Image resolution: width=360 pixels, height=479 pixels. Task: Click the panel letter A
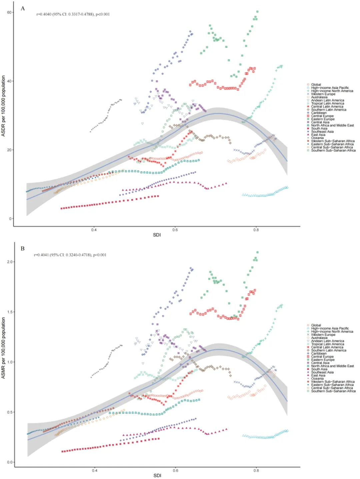[x=23, y=8]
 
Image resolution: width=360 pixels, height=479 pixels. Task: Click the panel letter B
[x=23, y=249]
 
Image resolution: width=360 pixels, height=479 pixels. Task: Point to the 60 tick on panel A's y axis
[x=10, y=12]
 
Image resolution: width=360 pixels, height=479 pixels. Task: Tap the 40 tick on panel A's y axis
[x=10, y=81]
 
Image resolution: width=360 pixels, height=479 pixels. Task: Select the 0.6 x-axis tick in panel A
[x=175, y=230]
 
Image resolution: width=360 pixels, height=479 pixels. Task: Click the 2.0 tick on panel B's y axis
[x=10, y=262]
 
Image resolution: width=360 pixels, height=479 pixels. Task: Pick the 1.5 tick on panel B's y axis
[x=10, y=312]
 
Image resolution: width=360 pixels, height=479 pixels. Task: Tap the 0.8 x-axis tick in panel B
[x=256, y=470]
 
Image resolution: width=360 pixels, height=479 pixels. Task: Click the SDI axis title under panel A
[x=157, y=235]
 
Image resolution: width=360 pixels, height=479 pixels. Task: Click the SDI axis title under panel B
[x=157, y=476]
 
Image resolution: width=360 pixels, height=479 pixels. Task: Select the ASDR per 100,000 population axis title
[x=3, y=106]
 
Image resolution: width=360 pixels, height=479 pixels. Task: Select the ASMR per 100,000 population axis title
[x=3, y=348]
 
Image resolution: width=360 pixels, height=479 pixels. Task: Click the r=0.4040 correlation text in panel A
[x=73, y=14]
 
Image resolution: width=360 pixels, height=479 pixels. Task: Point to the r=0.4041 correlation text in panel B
[x=70, y=255]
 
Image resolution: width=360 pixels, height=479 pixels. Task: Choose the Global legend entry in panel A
[x=316, y=85]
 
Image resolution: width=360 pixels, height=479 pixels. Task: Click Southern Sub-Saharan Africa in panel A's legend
[x=333, y=150]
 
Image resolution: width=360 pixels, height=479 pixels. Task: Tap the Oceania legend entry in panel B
[x=317, y=378]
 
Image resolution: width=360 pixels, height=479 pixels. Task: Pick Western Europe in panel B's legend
[x=323, y=335]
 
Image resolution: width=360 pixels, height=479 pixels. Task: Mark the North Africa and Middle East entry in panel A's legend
[x=332, y=125]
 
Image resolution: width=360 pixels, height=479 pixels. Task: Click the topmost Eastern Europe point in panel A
[x=257, y=12]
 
